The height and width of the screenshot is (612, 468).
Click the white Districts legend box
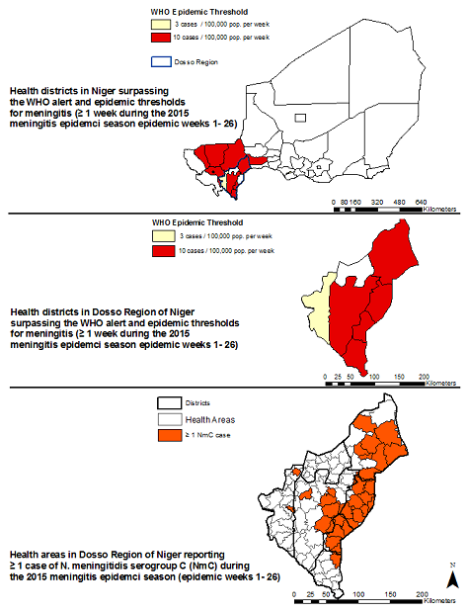[169, 403]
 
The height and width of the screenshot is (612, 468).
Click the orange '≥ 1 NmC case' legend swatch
[169, 434]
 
